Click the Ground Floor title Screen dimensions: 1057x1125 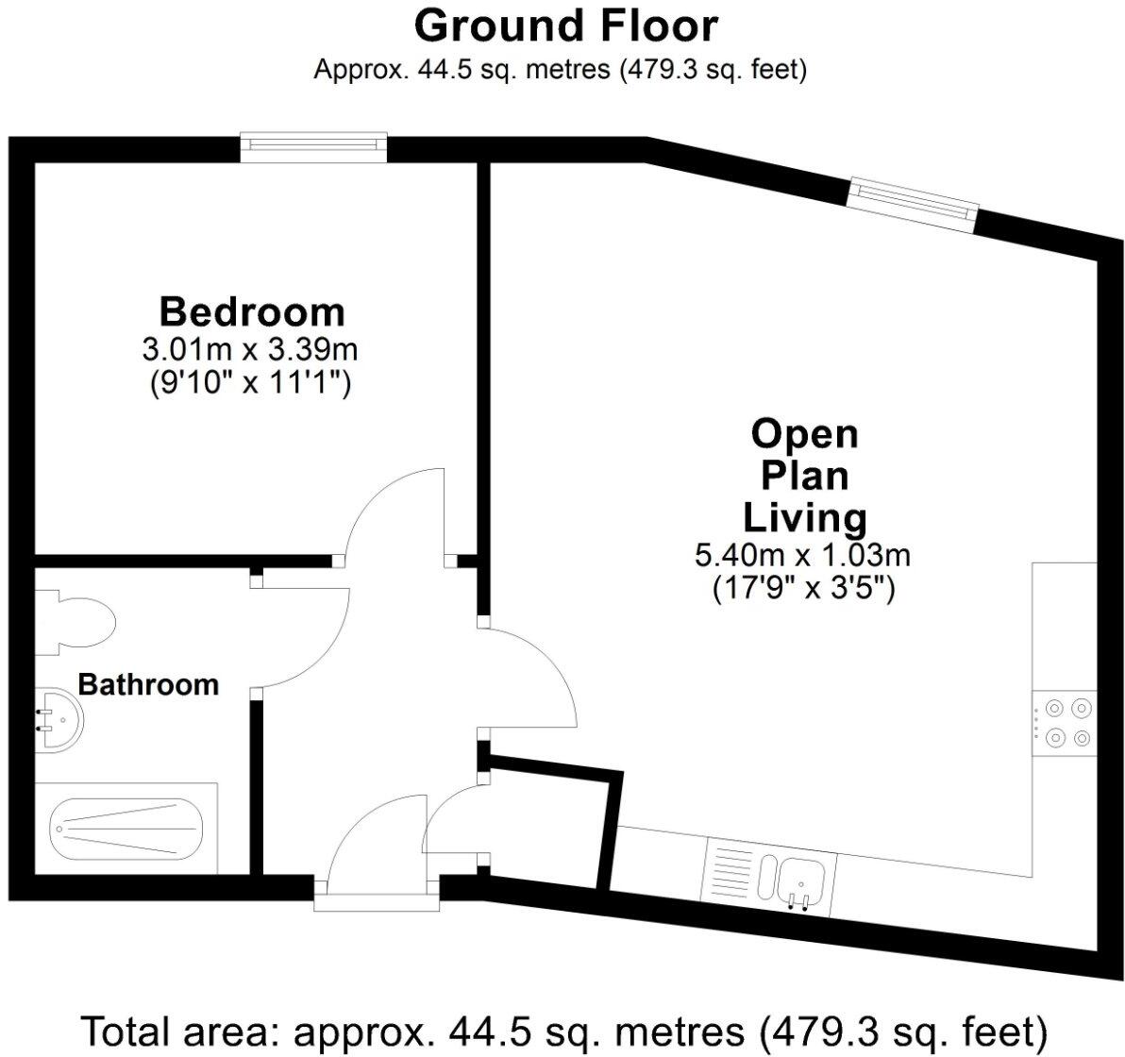coord(565,25)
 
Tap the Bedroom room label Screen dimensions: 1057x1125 coord(251,310)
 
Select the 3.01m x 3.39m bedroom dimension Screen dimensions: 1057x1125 coord(250,349)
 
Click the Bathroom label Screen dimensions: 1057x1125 coord(148,684)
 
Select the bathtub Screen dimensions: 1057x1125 coord(126,828)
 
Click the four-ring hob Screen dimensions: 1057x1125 coord(1066,722)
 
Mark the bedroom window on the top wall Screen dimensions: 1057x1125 coord(314,143)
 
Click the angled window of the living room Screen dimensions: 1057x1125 coord(912,203)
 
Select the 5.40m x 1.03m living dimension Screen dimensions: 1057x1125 coord(802,555)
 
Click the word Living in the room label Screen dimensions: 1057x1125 coord(804,517)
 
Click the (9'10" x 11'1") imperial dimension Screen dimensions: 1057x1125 coord(250,383)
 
